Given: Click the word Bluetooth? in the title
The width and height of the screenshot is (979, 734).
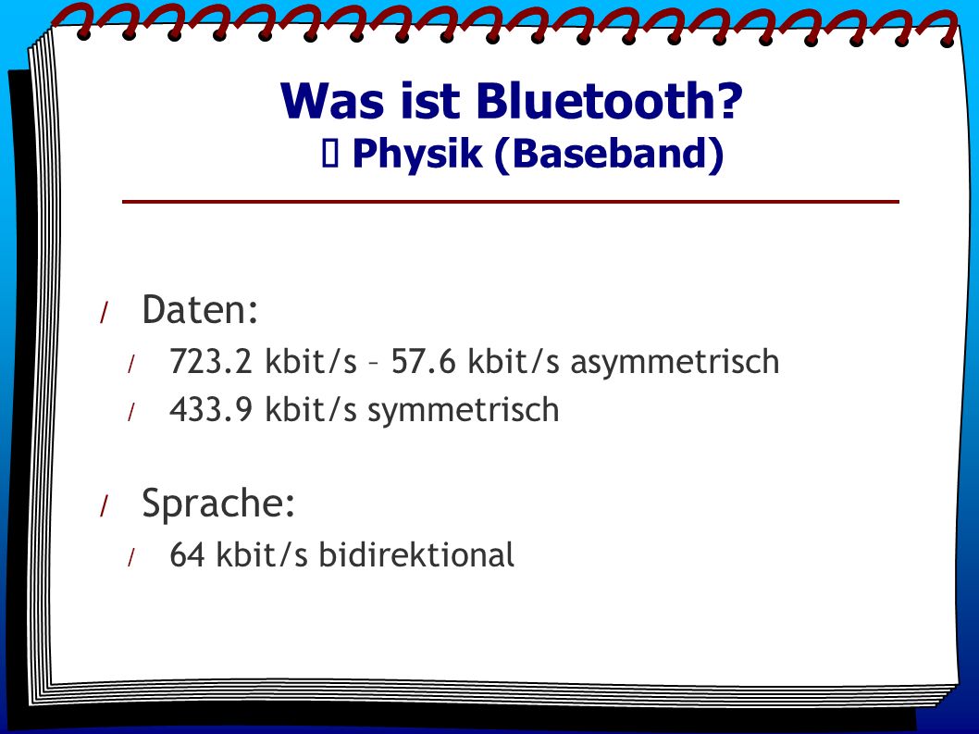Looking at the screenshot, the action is (610, 101).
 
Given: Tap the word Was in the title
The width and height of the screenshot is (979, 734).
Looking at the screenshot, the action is (332, 101).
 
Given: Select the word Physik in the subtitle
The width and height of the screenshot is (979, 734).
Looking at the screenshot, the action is (417, 155).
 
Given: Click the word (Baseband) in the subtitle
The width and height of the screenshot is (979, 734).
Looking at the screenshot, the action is (609, 155).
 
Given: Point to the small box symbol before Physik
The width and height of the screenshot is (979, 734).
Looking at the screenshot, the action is (330, 154).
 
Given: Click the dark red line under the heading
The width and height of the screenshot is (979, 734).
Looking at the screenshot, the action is (510, 201).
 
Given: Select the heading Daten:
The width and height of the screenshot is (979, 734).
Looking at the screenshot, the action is (200, 308).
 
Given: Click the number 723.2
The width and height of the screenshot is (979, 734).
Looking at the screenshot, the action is (210, 362).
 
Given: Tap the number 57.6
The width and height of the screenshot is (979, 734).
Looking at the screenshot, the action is (423, 362).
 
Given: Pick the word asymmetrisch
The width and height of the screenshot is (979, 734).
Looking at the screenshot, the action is (675, 363).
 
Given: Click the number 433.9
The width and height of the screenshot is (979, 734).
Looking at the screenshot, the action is (210, 410).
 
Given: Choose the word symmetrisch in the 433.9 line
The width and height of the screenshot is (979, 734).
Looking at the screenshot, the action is (464, 411).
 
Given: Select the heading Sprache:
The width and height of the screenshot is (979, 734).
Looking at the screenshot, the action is (217, 504).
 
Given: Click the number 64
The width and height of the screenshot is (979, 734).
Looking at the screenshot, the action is (187, 554).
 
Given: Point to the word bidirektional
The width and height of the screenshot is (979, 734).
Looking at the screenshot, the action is (416, 554).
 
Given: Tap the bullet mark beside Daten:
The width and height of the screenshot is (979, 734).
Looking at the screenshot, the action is (105, 312).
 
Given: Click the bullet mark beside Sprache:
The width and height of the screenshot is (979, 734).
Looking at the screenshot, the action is (105, 506).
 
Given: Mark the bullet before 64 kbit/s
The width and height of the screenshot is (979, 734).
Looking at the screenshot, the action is (131, 557).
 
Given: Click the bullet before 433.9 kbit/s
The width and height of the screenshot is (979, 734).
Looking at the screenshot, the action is (131, 412).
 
